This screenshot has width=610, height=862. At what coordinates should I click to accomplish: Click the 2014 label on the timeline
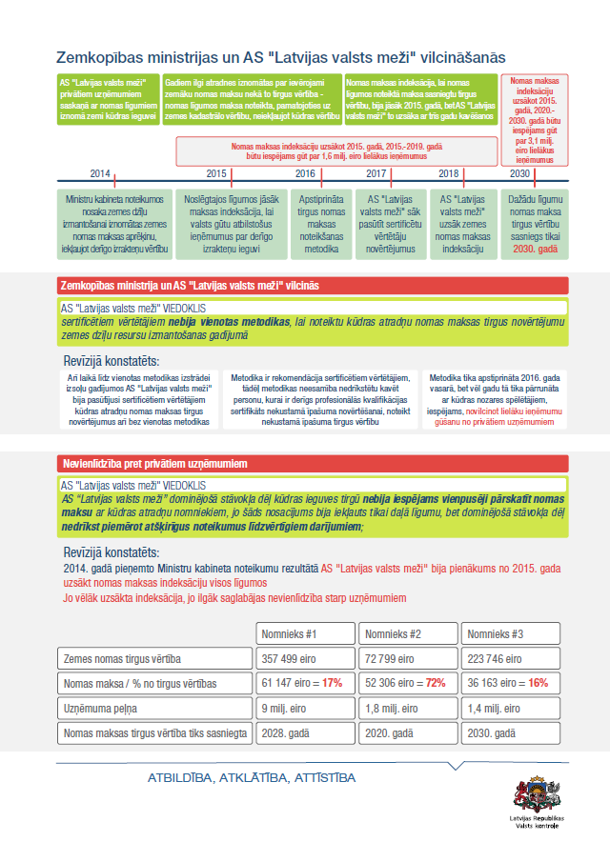click(100, 173)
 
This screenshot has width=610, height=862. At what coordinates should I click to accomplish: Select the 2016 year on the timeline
click(305, 173)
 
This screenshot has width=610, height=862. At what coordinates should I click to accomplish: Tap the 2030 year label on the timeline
click(520, 173)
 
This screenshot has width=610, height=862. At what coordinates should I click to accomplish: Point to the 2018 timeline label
click(449, 173)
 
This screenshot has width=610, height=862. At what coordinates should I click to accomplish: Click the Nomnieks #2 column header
click(394, 634)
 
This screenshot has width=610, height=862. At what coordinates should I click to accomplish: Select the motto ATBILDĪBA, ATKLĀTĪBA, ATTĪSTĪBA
click(252, 778)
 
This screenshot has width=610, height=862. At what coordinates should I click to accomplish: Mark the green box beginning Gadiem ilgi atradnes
click(252, 101)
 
